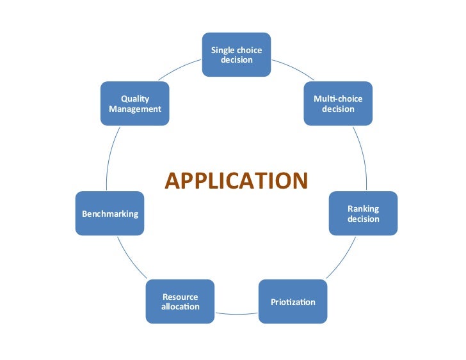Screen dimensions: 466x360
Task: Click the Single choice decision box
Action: pos(236,54)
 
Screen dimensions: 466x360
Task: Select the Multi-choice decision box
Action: pos(338,103)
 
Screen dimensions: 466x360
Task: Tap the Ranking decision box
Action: pos(363,214)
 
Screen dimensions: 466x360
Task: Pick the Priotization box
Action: pos(293,301)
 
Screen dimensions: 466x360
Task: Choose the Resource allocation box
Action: pos(181,301)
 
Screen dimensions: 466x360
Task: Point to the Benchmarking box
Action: pos(110,214)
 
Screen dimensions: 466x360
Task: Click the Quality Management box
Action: pos(135,103)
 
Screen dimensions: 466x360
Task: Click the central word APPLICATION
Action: pos(236,181)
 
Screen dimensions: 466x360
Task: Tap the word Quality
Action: pos(135,98)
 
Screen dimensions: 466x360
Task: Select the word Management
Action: pos(135,109)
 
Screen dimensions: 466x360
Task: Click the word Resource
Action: pos(181,297)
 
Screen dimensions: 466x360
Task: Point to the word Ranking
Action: pos(363,209)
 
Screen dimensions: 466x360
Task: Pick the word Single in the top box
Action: pos(223,50)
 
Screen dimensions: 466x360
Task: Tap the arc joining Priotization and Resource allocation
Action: pos(236,314)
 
